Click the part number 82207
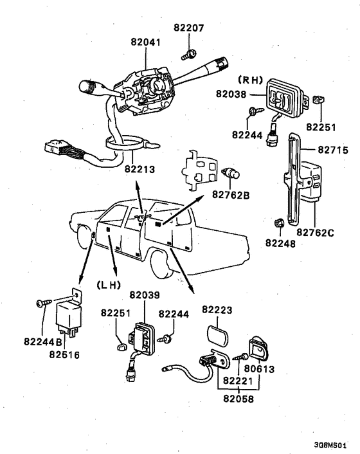point(189,28)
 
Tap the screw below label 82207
point(189,55)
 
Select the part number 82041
point(145,42)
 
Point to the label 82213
point(139,169)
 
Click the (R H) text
point(250,80)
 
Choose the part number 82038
point(231,94)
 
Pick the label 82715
point(333,150)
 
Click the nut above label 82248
point(279,223)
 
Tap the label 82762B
point(231,195)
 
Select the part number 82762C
point(315,233)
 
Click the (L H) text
point(108,286)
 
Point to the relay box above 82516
point(69,318)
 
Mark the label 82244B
point(43,342)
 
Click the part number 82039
point(145,295)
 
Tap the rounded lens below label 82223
point(217,336)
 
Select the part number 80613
point(259,369)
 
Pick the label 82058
point(239,399)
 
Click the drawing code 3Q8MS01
point(330,445)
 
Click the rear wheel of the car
point(159,264)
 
